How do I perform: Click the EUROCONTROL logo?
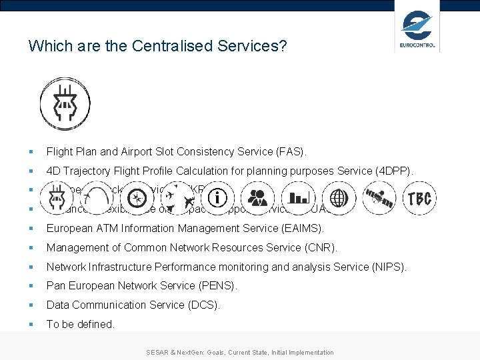[417, 28]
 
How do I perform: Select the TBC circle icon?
[419, 198]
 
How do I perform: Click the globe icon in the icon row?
[339, 198]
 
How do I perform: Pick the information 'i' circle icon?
[218, 198]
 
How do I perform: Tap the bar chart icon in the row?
[298, 198]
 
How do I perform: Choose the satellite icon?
[379, 198]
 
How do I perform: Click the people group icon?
[257, 198]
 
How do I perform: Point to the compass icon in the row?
[137, 198]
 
